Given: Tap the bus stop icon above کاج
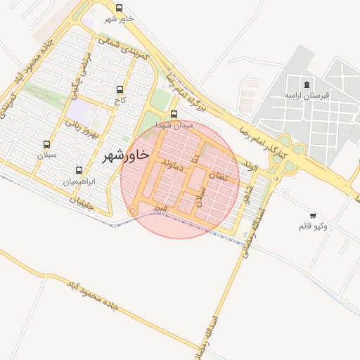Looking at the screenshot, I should (119, 90).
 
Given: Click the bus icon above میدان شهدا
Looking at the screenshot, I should (174, 114).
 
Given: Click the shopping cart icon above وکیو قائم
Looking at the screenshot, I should (313, 216).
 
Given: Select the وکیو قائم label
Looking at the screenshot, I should (313, 226).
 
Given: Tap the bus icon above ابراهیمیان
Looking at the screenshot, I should (79, 170).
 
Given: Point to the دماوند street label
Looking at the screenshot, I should (172, 166).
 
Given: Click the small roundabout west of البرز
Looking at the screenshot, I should (131, 212).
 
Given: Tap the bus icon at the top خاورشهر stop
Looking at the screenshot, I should (118, 8).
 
